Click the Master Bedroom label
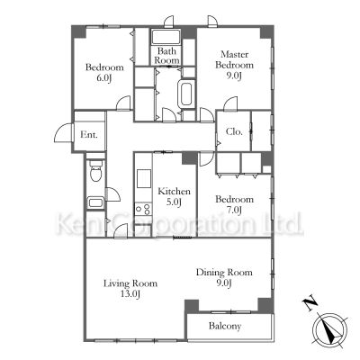234,59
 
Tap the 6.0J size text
104,78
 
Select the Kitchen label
174,191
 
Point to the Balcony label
225,326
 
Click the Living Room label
130,283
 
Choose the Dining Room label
224,273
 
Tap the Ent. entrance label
89,135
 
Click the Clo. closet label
234,131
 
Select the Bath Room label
166,56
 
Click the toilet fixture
96,170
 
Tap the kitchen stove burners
143,209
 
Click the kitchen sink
144,179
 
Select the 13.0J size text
130,293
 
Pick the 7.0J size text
234,210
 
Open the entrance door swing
64,132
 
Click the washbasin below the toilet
95,202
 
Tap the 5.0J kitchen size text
174,202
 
